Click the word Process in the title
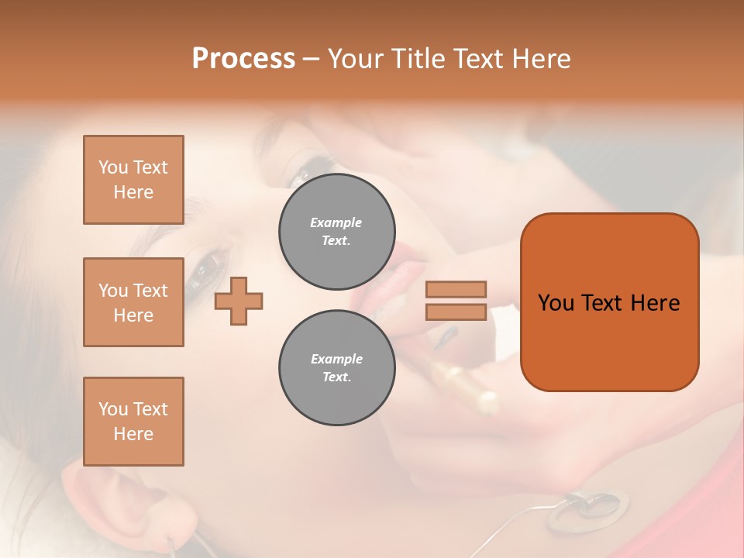coord(243,58)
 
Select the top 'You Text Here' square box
coord(133,180)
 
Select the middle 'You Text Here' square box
coord(133,302)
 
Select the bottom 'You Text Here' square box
coord(133,422)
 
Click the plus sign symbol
coord(239,300)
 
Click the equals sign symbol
coord(456,301)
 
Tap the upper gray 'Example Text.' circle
coord(336,231)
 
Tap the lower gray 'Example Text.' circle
coord(336,367)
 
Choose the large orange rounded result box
coord(609,302)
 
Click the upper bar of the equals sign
coord(456,289)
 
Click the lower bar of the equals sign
coord(456,312)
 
